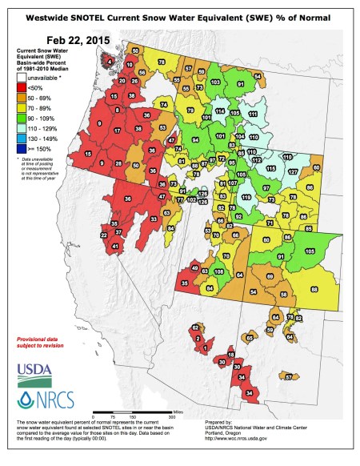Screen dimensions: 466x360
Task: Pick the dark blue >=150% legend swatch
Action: click(22, 147)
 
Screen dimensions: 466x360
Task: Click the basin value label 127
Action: click(293, 171)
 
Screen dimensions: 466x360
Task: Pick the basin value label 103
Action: click(215, 82)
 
